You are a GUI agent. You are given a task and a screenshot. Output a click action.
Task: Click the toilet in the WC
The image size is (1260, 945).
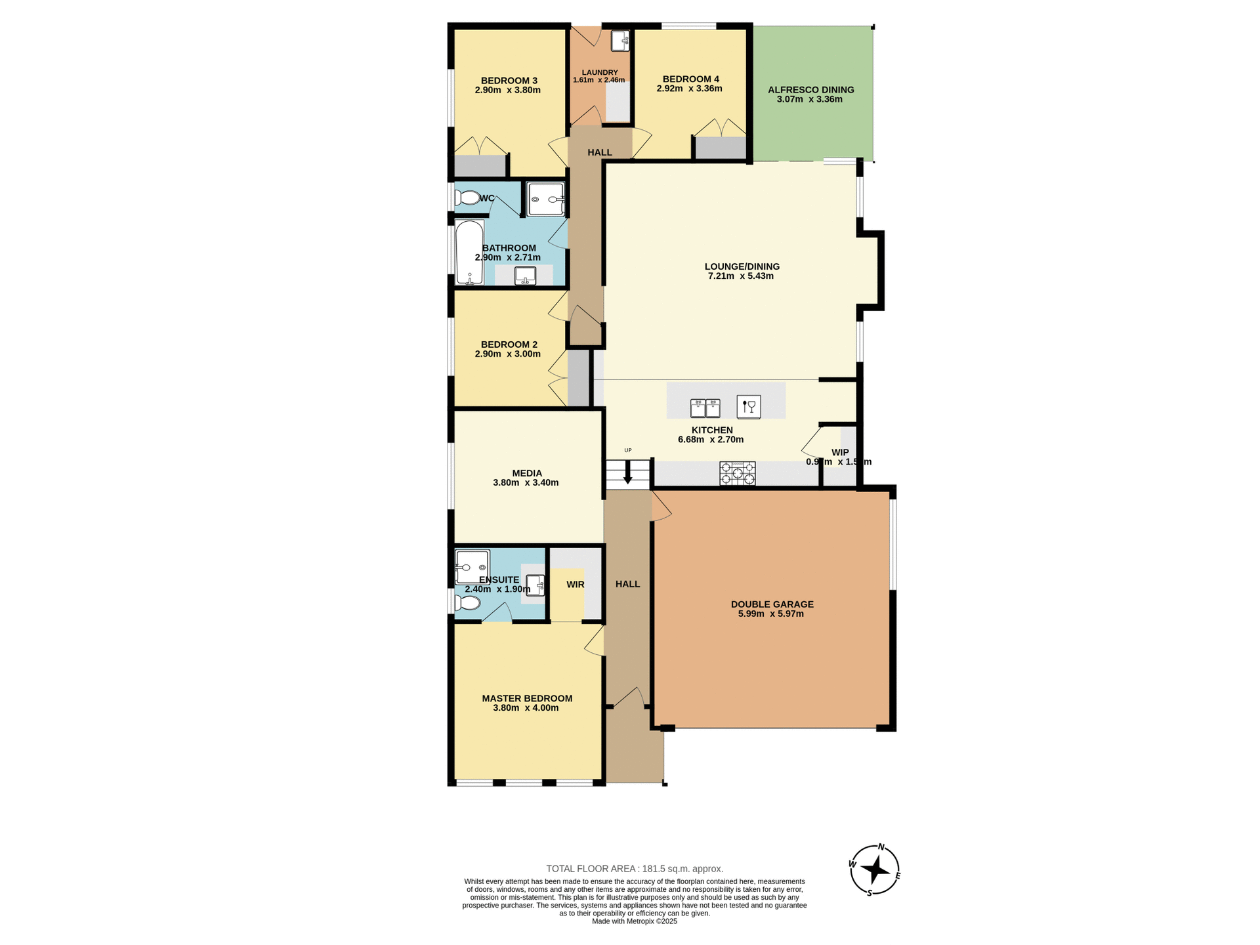467,198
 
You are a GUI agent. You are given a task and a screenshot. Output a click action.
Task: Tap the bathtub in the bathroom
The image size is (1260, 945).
469,253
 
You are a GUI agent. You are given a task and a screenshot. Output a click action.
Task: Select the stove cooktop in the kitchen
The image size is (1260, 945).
738,473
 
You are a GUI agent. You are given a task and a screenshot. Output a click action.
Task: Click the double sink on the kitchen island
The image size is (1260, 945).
705,408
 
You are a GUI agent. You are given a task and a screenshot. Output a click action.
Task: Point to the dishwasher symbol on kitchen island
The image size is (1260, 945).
748,407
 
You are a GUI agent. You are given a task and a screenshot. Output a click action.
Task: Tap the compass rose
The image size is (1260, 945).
875,870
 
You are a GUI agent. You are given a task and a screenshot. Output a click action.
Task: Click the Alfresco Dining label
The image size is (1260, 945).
810,90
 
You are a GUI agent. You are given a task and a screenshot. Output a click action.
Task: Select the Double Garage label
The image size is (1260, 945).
772,604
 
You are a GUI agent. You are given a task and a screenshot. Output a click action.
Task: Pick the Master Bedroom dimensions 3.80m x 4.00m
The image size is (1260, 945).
525,708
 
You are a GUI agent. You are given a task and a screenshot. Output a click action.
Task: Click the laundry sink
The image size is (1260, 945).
620,41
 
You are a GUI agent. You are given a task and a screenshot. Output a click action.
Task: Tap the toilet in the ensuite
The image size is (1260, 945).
467,602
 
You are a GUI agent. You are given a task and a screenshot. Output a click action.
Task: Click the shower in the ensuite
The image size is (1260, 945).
472,567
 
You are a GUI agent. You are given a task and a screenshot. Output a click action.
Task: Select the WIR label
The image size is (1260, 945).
575,584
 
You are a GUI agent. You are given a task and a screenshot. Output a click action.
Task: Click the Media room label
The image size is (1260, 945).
527,473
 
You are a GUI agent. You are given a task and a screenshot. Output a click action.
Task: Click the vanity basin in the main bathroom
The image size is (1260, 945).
525,276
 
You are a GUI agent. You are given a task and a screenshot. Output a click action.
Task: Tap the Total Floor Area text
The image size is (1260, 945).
634,868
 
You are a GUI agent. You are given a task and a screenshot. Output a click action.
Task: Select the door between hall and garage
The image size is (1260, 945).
660,507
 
